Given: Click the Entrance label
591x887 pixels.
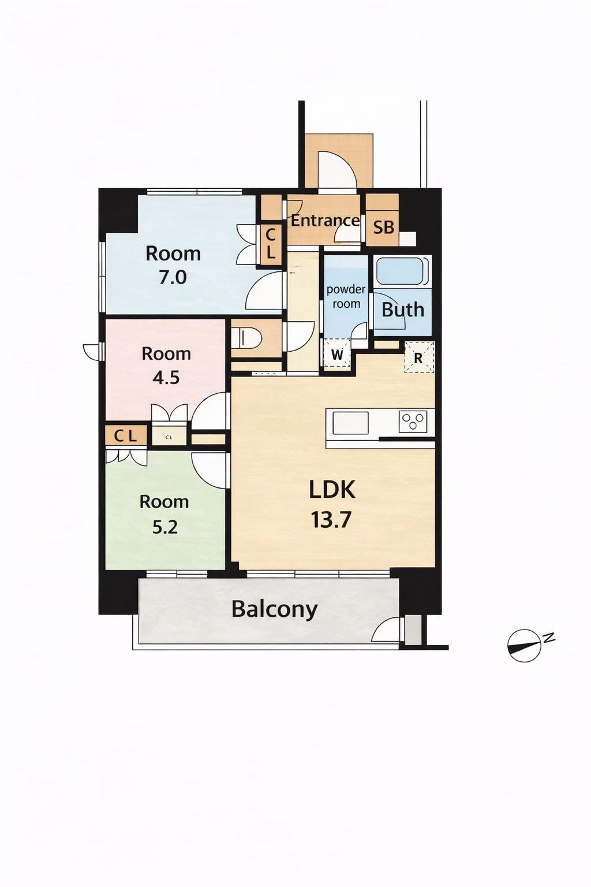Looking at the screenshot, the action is (x=325, y=221).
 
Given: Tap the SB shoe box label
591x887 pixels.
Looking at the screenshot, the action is (x=384, y=228).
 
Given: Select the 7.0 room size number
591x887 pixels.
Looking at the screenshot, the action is (x=173, y=278).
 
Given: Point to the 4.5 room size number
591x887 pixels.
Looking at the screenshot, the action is (x=166, y=377).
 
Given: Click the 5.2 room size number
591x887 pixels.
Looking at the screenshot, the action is (x=164, y=527).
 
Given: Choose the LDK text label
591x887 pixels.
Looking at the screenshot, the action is (x=332, y=490).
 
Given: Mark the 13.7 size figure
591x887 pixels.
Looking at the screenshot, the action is (x=331, y=520).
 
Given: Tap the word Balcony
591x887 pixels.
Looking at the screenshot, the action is (x=275, y=610).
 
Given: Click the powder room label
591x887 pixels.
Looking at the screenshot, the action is (x=346, y=297).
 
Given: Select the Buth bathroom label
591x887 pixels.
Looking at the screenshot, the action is (x=403, y=310).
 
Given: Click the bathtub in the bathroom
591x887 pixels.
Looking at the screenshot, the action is (x=402, y=271).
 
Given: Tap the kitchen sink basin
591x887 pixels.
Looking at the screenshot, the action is (x=351, y=423).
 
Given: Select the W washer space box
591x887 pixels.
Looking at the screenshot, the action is (x=337, y=353).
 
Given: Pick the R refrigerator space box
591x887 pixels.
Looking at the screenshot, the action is (x=419, y=357).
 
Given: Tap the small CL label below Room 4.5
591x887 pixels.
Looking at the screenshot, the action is (x=169, y=437).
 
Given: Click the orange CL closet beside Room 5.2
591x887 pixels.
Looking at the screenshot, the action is (x=126, y=436).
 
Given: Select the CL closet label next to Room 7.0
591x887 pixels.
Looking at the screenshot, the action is (x=270, y=244).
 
